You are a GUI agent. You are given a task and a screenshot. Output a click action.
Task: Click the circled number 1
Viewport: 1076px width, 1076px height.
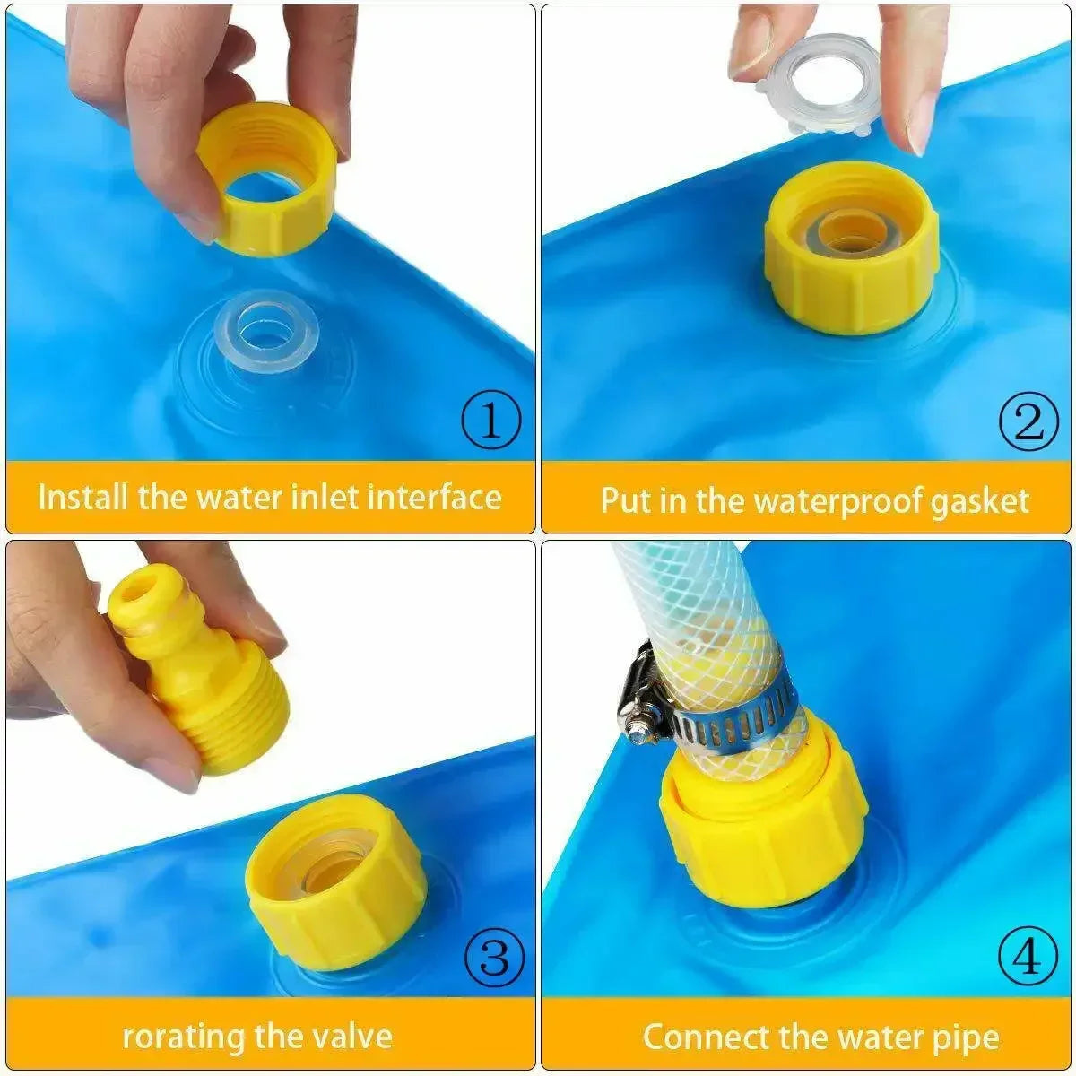pos(490,421)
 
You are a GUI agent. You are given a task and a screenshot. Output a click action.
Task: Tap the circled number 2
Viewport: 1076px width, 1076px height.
pos(1028,421)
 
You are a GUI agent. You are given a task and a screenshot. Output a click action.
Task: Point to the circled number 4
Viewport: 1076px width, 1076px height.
pos(1028,958)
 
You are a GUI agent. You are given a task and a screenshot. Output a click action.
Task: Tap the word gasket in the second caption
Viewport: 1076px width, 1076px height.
pos(979,500)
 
